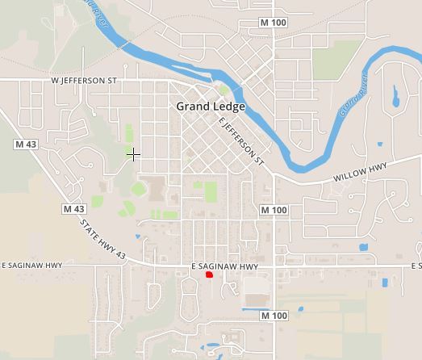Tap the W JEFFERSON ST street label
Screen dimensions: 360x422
84,81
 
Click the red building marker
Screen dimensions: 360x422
209,275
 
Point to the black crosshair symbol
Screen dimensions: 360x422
134,153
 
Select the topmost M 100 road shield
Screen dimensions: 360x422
274,22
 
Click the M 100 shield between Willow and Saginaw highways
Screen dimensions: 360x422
274,210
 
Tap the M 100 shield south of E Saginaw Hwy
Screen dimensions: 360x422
274,316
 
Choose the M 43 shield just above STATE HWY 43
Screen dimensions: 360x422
73,208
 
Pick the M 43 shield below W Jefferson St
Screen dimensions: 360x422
27,144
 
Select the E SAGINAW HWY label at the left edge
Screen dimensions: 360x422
31,265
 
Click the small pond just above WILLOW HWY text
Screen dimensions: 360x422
380,144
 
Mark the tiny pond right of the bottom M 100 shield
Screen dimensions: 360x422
301,309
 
